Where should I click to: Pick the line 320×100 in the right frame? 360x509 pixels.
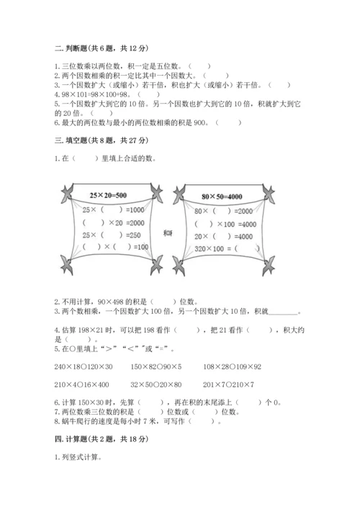click(213, 248)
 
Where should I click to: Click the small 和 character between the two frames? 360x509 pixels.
click(168, 233)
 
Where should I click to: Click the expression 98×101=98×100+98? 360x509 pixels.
click(94, 94)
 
